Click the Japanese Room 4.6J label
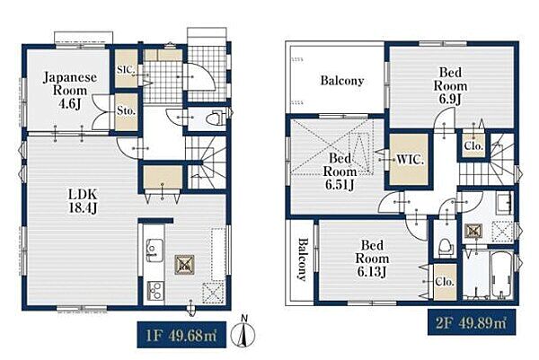(x=70, y=91)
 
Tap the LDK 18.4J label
(x=83, y=201)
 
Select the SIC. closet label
(x=126, y=69)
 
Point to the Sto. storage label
(x=126, y=111)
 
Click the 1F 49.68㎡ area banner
(x=181, y=335)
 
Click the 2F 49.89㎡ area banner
(x=472, y=322)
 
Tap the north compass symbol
(x=243, y=332)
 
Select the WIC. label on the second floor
(x=410, y=160)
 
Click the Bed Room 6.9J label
(x=450, y=86)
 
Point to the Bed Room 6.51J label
(x=340, y=171)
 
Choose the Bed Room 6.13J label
(x=372, y=259)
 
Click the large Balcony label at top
(x=342, y=81)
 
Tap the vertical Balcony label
(x=302, y=259)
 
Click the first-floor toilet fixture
(x=216, y=119)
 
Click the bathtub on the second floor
(x=502, y=276)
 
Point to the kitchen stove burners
(x=155, y=290)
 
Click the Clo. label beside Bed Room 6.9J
(x=473, y=145)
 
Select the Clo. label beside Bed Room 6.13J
(x=445, y=282)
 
